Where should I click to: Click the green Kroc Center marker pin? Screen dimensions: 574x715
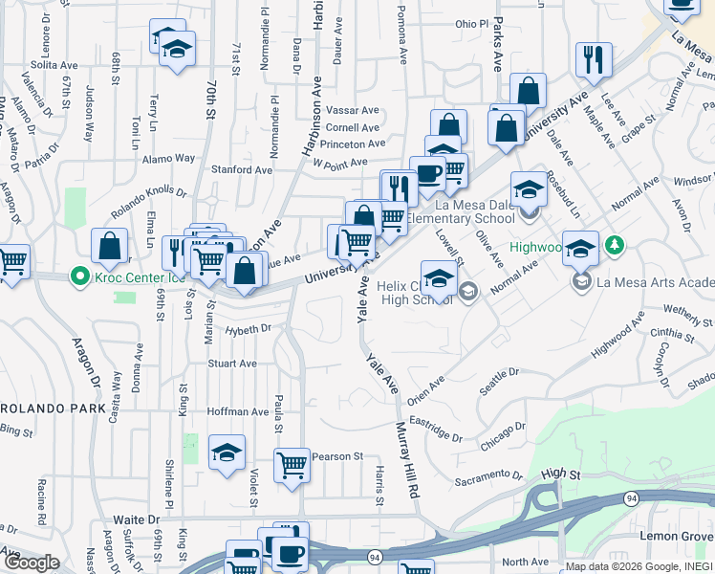[80, 278]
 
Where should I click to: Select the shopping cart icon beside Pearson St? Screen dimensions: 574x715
[292, 466]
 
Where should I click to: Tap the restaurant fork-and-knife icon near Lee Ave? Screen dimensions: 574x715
[594, 60]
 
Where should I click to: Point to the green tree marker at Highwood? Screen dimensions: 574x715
[616, 246]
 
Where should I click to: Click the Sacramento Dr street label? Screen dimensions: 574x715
[492, 475]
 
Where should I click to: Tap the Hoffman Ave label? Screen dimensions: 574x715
[239, 411]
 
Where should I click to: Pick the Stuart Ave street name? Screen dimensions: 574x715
[232, 364]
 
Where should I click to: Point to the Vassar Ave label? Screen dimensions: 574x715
[353, 110]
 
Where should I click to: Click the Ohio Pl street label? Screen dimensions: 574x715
[471, 23]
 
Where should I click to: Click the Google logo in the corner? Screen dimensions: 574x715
[32, 563]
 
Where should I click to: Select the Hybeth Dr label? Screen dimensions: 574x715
[249, 329]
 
